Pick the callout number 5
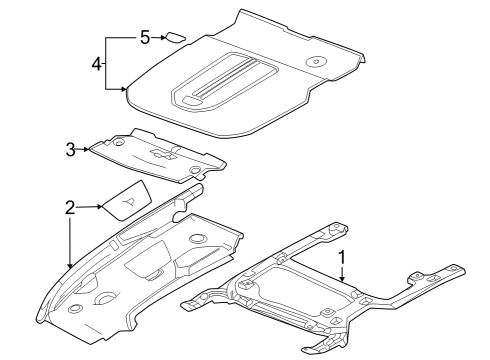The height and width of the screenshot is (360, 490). point(145,37)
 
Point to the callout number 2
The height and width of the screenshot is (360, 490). point(70,208)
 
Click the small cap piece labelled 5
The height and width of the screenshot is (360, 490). point(175,38)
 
